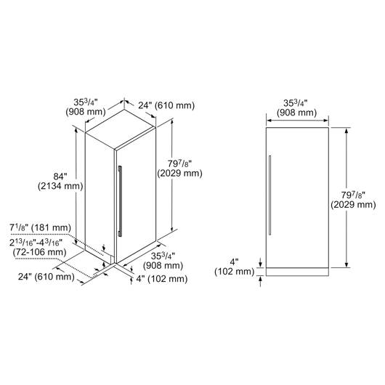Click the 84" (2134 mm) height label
point(60,181)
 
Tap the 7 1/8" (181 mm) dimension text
point(40,227)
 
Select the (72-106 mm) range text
point(39,252)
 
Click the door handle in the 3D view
point(120,200)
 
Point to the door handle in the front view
point(269,195)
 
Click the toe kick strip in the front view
point(297,272)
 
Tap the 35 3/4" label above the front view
point(296,108)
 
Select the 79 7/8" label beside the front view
point(353,200)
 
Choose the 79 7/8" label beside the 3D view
point(179,169)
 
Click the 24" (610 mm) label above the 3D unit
point(166,105)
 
